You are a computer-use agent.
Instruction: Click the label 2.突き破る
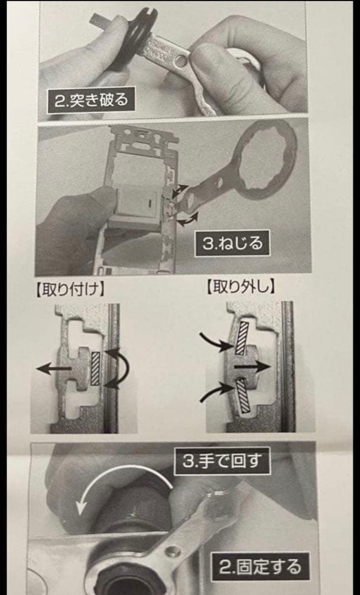(91, 101)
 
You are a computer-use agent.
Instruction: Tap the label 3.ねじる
(232, 243)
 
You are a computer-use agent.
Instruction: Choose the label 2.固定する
(260, 566)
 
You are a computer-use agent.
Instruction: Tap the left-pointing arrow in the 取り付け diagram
(53, 369)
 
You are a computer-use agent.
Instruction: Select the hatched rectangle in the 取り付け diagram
(96, 368)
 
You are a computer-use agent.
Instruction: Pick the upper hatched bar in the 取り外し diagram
(241, 338)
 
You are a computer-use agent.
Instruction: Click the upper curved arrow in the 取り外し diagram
(217, 339)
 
